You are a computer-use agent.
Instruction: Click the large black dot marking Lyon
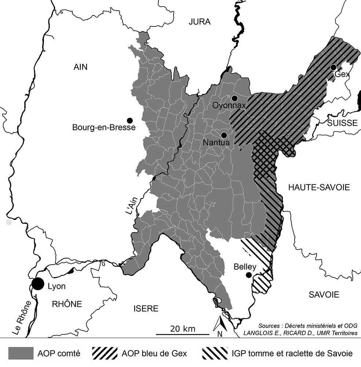click(37, 284)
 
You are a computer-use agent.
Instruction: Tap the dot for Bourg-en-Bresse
click(130, 120)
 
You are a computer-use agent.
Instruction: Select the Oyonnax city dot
click(234, 98)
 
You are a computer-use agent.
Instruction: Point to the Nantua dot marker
click(224, 135)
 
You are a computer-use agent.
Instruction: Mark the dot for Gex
click(333, 67)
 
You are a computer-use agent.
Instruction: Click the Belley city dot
click(249, 275)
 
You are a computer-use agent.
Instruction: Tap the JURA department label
click(200, 22)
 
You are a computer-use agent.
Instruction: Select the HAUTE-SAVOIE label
click(318, 188)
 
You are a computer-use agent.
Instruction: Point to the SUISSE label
click(342, 123)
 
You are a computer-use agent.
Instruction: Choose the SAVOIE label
click(324, 294)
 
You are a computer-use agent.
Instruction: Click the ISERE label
click(146, 308)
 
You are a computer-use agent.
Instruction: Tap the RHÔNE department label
click(67, 304)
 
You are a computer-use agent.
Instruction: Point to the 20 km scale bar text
click(183, 328)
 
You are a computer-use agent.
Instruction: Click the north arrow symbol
click(219, 324)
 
